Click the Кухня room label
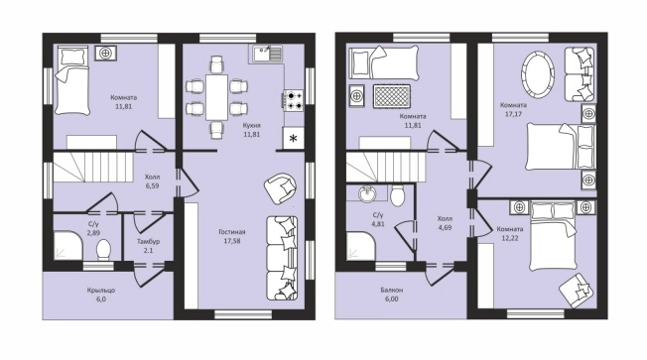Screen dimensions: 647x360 click(x=252, y=125)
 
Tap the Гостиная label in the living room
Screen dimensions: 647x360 click(x=232, y=232)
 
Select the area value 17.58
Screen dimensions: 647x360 click(x=232, y=241)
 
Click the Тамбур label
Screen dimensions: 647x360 click(x=148, y=241)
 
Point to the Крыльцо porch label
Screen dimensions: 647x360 click(x=101, y=291)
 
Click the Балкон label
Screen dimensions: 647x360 click(x=392, y=290)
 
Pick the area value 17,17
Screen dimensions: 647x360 click(x=513, y=114)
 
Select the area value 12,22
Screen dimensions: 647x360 click(x=510, y=238)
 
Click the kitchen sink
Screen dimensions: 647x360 click(x=267, y=54)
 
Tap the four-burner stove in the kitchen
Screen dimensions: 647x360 click(x=293, y=100)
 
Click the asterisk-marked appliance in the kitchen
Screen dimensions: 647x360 click(x=293, y=138)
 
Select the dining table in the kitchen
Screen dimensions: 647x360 click(x=217, y=97)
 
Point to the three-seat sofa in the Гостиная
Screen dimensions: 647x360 click(x=282, y=258)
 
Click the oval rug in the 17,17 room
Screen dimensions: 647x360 click(x=537, y=75)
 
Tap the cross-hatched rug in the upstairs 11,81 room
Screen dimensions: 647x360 click(x=392, y=96)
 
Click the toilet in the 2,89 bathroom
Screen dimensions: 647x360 click(x=103, y=250)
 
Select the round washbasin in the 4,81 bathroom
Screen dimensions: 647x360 click(x=367, y=193)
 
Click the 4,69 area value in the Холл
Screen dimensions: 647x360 click(x=445, y=227)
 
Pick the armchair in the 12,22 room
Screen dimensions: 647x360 click(x=577, y=290)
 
